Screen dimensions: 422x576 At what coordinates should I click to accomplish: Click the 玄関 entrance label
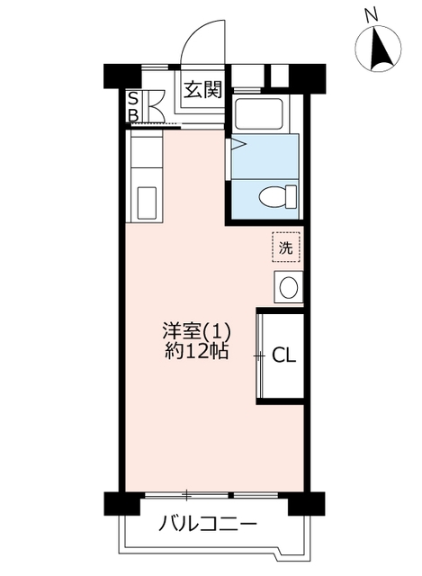coord(203,89)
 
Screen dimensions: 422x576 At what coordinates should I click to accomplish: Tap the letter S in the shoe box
coord(133,99)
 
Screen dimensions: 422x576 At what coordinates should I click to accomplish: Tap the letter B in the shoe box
coord(133,115)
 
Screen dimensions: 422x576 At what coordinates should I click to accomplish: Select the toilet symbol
coord(277,197)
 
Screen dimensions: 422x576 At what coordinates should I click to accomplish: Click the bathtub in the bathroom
coord(259,113)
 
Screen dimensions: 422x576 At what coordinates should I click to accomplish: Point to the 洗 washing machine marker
coord(286,247)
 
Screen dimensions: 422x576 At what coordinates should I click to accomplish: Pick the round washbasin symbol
coord(288,287)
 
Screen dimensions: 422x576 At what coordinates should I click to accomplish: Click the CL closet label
coord(283,355)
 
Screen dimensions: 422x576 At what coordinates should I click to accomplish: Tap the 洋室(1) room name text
coord(196,331)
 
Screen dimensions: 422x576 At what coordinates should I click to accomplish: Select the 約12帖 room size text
coord(196,351)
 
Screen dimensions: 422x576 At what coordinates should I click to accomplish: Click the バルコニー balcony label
coord(208,523)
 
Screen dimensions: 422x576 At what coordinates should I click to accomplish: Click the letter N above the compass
coord(372,14)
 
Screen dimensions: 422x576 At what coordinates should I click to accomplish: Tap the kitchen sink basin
coord(147,202)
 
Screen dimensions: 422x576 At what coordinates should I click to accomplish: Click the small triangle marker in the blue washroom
coord(238,144)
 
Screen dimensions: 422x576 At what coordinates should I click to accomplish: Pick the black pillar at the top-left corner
coord(122,76)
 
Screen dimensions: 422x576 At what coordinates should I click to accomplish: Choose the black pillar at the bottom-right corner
coord(306,503)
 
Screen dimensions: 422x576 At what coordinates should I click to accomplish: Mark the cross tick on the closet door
coord(260,356)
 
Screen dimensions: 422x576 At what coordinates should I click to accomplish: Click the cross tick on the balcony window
coord(187,495)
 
